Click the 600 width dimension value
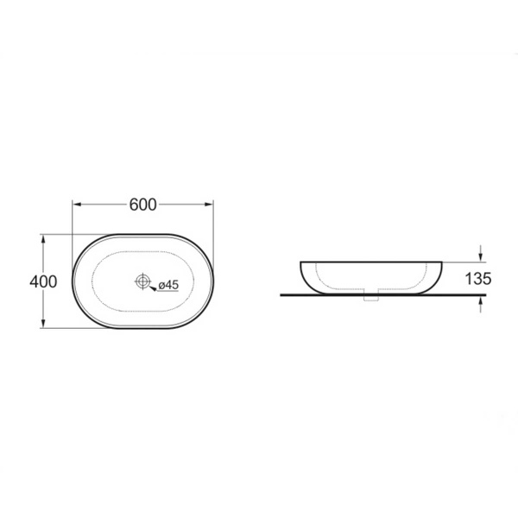coord(142,205)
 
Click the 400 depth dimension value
coord(43,281)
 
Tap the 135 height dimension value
coord(478,279)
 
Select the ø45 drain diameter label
coord(168,284)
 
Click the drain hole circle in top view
coord(142,281)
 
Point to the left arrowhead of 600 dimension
coord(77,205)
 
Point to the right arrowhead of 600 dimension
coord(209,205)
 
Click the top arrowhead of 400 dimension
coord(43,239)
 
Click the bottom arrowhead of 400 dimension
coord(43,324)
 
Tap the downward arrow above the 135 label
coord(481,253)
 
